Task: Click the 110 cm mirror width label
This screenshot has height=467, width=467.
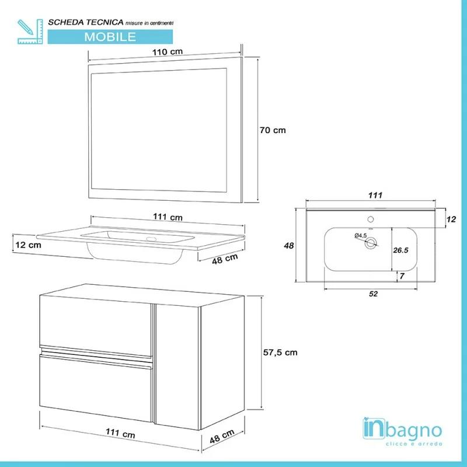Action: pyautogui.click(x=168, y=52)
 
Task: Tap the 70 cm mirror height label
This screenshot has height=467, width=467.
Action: pyautogui.click(x=273, y=130)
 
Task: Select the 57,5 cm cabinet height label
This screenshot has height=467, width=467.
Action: pyautogui.click(x=280, y=353)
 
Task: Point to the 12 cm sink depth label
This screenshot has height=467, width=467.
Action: pyautogui.click(x=28, y=245)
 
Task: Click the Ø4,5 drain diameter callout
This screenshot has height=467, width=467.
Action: pyautogui.click(x=361, y=236)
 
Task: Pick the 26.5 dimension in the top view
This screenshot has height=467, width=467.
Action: pyautogui.click(x=400, y=250)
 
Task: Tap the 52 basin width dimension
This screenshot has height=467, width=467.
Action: pyautogui.click(x=373, y=294)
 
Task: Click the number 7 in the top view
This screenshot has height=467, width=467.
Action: pyautogui.click(x=402, y=276)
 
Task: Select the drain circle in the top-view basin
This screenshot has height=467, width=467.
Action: pyautogui.click(x=371, y=243)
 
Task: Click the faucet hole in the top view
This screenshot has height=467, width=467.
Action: pyautogui.click(x=371, y=219)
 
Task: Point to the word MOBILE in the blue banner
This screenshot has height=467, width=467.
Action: pyautogui.click(x=110, y=37)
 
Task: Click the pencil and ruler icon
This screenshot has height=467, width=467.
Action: pyautogui.click(x=30, y=32)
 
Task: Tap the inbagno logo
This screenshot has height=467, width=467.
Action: pyautogui.click(x=402, y=431)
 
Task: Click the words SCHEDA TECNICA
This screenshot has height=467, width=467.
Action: pyautogui.click(x=86, y=22)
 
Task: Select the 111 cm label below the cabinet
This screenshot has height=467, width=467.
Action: pyautogui.click(x=120, y=433)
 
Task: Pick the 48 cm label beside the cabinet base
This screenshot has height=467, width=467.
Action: pyautogui.click(x=222, y=437)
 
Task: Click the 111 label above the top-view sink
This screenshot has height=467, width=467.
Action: pyautogui.click(x=375, y=196)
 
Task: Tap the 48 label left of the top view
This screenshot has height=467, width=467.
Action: pyautogui.click(x=288, y=246)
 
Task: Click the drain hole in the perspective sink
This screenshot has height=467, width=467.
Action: pyautogui.click(x=151, y=239)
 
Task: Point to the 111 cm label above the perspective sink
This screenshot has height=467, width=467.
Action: pyautogui.click(x=168, y=217)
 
